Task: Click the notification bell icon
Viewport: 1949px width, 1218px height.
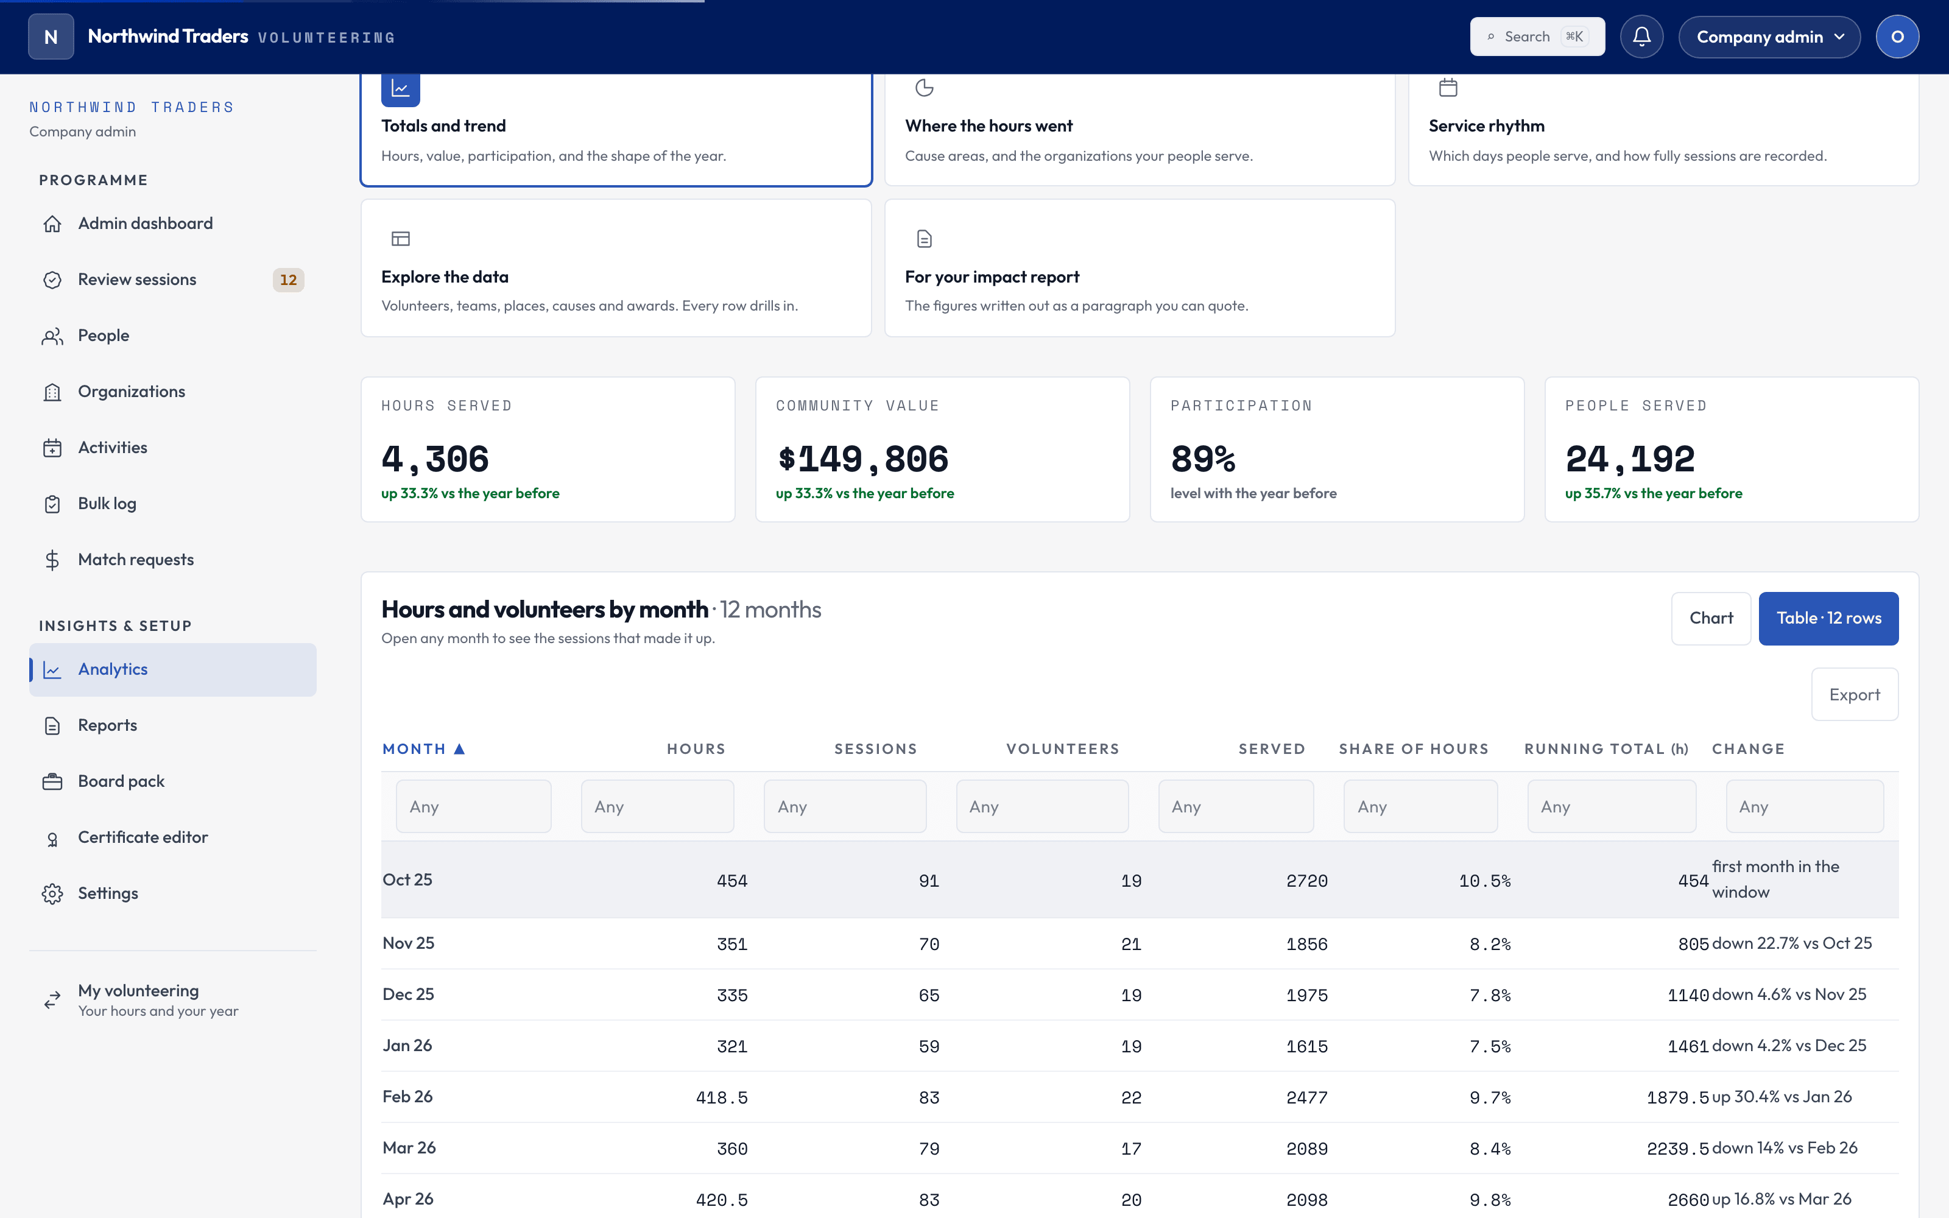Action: click(x=1641, y=37)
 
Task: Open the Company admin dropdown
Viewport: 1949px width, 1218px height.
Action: click(x=1769, y=37)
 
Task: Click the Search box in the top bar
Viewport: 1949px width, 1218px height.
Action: click(x=1537, y=37)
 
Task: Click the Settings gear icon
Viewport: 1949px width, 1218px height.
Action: click(x=52, y=893)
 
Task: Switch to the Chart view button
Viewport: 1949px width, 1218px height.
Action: click(x=1711, y=619)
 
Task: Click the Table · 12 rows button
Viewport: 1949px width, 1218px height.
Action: click(x=1828, y=619)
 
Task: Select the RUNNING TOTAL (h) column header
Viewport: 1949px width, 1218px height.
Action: click(x=1606, y=749)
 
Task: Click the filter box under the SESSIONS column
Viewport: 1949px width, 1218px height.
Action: click(x=845, y=806)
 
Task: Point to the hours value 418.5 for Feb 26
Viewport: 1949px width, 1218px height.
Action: click(x=722, y=1098)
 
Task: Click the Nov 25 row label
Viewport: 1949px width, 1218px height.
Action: click(x=408, y=943)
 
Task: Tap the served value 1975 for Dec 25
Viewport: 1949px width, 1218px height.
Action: click(x=1306, y=996)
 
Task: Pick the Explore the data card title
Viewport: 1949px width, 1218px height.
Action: click(x=445, y=277)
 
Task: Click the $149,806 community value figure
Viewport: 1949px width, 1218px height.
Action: click(x=862, y=459)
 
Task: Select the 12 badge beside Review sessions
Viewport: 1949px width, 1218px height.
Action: click(x=288, y=280)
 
